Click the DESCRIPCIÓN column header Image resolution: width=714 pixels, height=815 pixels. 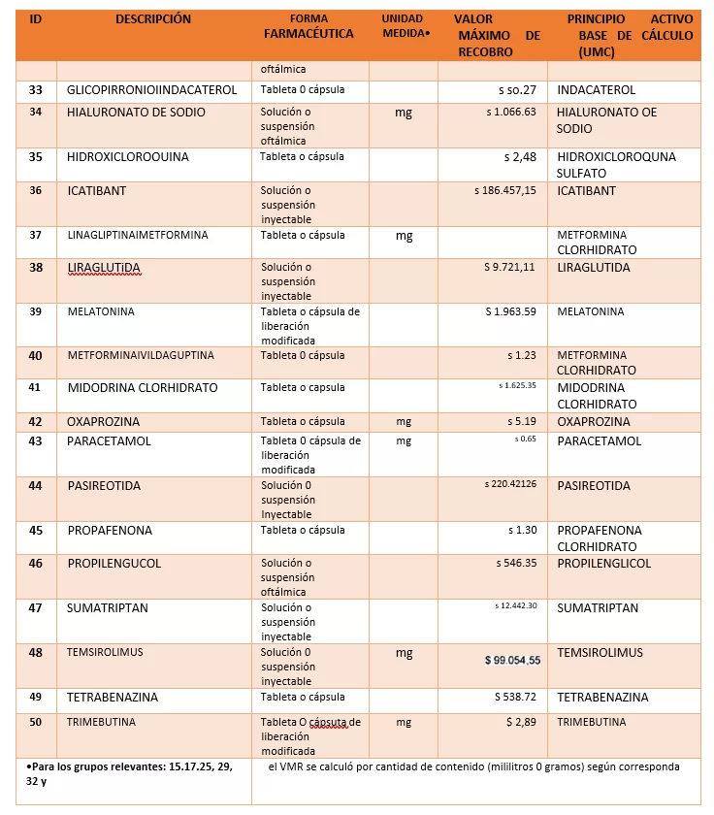click(x=153, y=19)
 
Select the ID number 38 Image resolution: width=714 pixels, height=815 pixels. click(x=36, y=267)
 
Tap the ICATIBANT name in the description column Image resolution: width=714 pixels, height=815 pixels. click(x=97, y=191)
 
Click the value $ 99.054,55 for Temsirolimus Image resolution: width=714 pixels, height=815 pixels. click(x=512, y=660)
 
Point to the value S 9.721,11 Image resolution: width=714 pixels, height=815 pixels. click(x=509, y=267)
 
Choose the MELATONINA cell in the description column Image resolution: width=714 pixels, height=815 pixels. click(x=101, y=311)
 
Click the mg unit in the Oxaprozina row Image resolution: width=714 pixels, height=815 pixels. click(x=404, y=422)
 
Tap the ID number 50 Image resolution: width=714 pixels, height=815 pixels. click(x=36, y=722)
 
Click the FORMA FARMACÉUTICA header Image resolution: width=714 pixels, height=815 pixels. click(x=309, y=26)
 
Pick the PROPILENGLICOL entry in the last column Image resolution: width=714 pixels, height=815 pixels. click(x=603, y=564)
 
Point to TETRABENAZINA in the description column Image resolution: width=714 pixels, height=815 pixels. click(x=113, y=698)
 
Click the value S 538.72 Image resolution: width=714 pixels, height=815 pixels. click(x=515, y=697)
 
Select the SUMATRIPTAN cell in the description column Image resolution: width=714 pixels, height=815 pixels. click(x=108, y=608)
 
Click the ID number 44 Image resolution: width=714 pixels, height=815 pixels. click(x=36, y=485)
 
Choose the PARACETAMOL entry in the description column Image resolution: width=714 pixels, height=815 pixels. click(x=110, y=441)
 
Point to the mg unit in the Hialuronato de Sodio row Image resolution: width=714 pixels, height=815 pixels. click(x=404, y=113)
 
